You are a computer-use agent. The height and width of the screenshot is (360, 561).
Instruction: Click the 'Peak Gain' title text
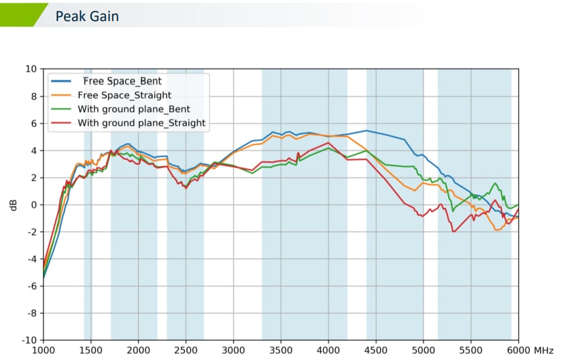87,16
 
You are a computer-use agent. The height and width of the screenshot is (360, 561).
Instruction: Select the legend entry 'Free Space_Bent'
126,81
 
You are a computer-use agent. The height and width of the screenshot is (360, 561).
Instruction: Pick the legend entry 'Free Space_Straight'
124,95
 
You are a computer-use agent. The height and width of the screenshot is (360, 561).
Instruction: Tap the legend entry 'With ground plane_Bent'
133,109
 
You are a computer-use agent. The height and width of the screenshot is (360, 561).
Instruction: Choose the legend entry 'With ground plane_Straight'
141,123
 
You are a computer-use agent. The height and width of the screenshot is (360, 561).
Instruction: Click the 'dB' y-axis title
13,204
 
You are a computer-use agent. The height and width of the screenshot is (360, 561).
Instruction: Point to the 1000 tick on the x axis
44,350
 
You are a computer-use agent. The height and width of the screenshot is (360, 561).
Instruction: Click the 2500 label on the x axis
186,350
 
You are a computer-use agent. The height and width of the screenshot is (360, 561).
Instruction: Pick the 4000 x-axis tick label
328,350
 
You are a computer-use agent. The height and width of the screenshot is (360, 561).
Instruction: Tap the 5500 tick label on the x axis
471,350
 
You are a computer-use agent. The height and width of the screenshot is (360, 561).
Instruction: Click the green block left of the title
20,14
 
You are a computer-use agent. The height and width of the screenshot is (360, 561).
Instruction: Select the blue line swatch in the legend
63,81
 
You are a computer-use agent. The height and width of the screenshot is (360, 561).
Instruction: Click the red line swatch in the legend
63,123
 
